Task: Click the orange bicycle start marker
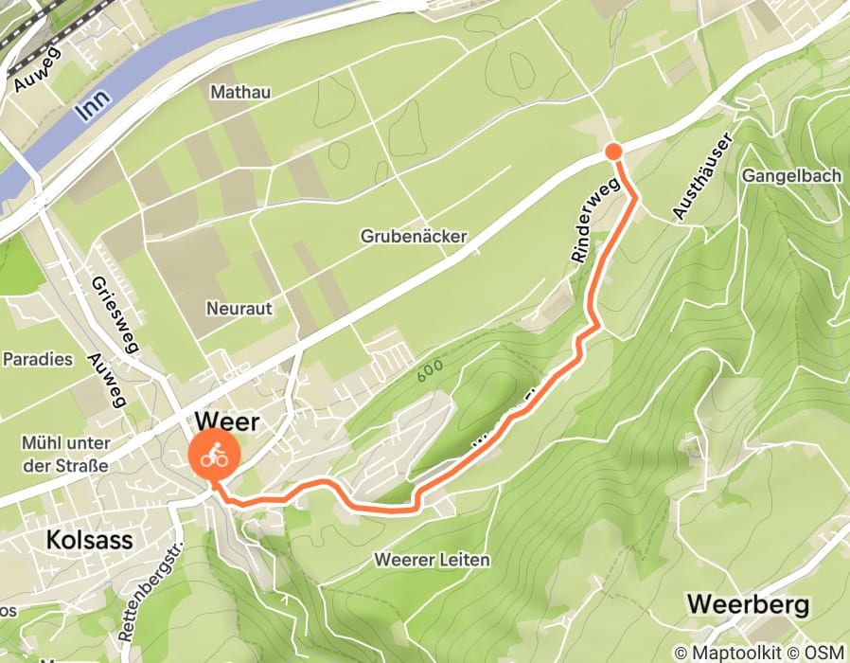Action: pos(215,457)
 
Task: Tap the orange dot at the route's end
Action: pos(613,152)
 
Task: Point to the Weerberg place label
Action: pos(748,604)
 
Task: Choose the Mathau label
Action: pos(240,92)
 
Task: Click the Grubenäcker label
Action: pos(413,236)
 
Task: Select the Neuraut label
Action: pos(239,309)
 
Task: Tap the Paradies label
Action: pos(38,359)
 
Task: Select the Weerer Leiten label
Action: pos(432,560)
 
